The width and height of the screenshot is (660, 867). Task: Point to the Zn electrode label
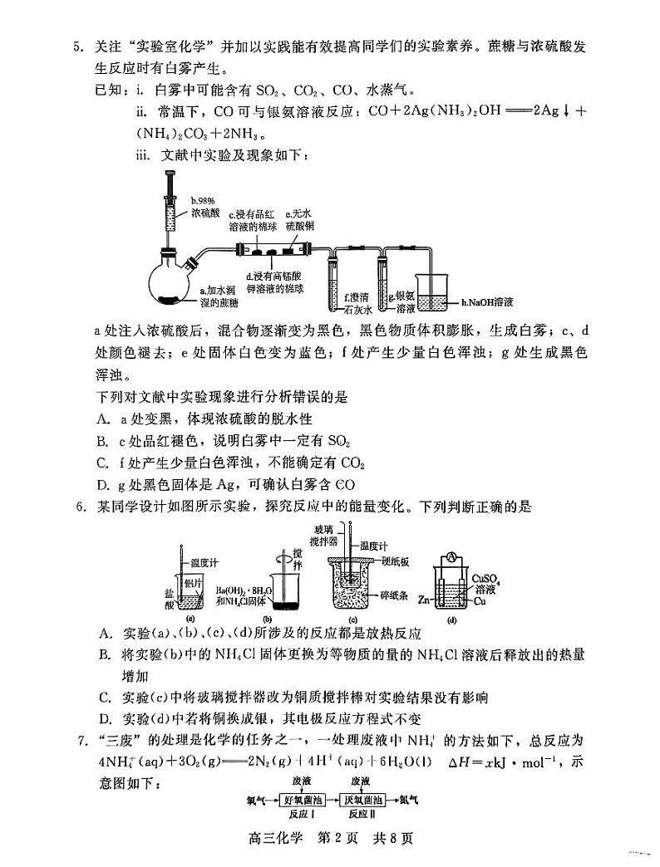422,598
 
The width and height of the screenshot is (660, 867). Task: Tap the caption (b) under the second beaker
268,619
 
